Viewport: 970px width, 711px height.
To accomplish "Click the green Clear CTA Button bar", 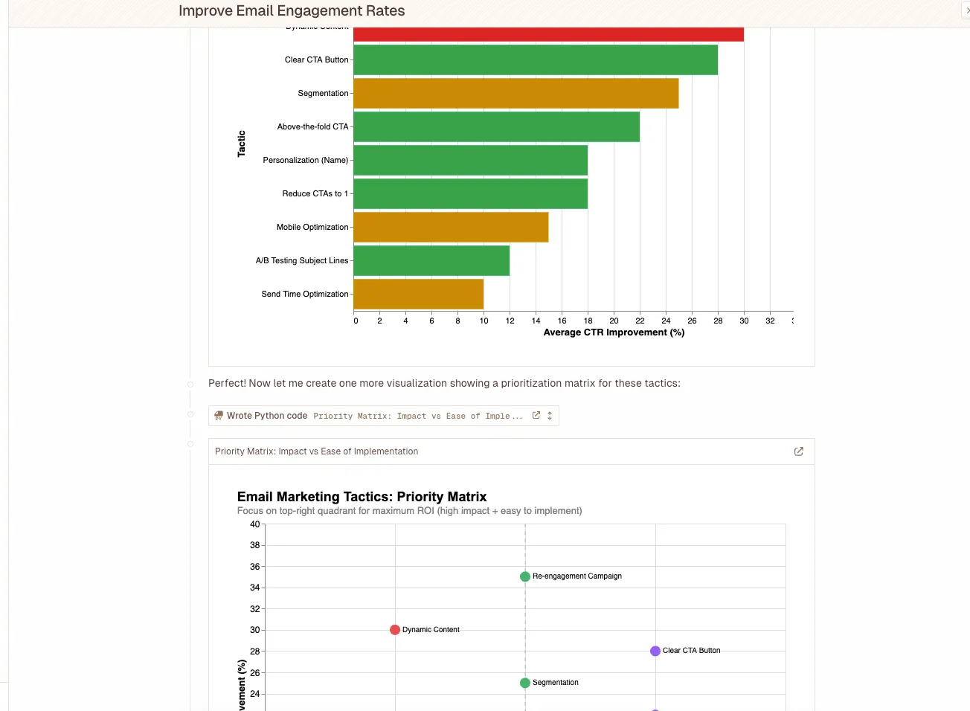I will [536, 60].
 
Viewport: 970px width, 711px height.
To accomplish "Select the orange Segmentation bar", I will [515, 94].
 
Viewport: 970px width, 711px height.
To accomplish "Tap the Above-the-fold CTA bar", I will [496, 127].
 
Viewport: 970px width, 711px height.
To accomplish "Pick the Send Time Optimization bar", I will [418, 295].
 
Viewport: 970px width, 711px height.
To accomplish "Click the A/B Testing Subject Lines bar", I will [431, 261].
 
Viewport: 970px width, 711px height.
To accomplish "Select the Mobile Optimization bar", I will [451, 228].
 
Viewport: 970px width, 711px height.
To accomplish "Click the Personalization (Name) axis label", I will [305, 161].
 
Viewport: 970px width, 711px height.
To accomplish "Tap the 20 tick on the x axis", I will [614, 321].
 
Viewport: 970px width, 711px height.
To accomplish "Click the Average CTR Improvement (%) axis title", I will [614, 332].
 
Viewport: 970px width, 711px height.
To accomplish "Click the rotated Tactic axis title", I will [241, 144].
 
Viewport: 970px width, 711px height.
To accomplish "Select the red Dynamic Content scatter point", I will [395, 630].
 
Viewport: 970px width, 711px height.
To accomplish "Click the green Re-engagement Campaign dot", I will [525, 576].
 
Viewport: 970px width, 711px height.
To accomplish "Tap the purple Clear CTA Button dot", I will [655, 651].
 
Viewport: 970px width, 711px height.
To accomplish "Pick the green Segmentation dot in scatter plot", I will [525, 683].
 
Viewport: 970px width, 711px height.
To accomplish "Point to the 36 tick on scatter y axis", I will [254, 567].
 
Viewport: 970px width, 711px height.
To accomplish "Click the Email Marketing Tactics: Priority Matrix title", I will [362, 497].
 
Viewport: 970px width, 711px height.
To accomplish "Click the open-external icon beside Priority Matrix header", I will [799, 451].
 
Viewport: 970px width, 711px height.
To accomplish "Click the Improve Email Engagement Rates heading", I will [292, 11].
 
